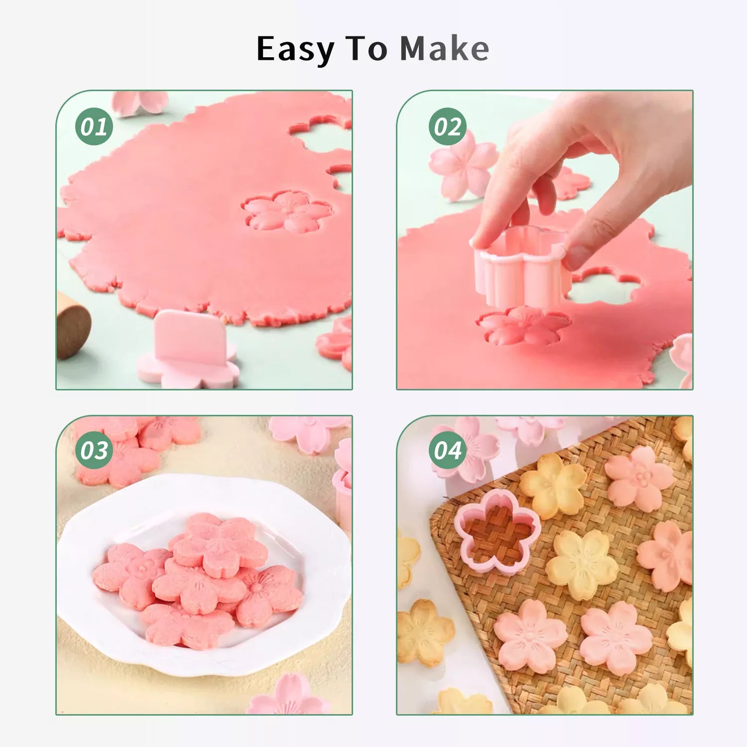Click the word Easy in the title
tap(295, 49)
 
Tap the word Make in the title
tap(445, 48)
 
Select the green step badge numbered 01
tap(94, 126)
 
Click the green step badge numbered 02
tap(448, 126)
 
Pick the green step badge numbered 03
tap(94, 450)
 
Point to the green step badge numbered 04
tap(448, 450)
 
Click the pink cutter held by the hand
tap(520, 268)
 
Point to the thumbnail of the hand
tap(578, 256)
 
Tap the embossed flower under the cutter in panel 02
tap(523, 326)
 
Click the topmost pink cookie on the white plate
tap(220, 545)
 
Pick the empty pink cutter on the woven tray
tap(497, 531)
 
